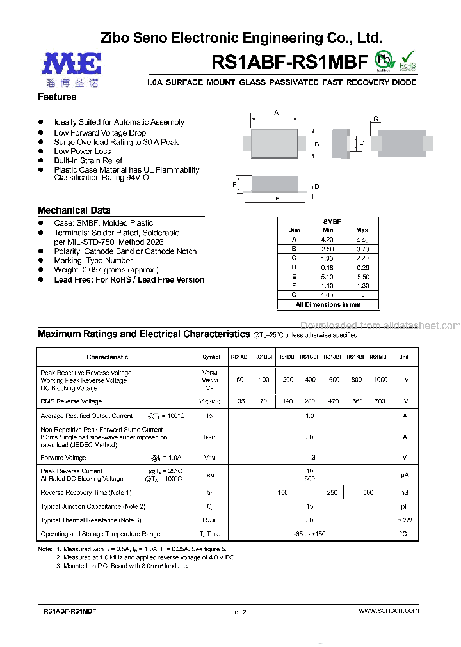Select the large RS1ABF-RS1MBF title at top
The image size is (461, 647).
(x=289, y=62)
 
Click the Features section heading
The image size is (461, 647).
(x=57, y=97)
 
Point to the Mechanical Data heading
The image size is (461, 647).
(x=74, y=210)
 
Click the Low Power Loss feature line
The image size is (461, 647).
(x=83, y=152)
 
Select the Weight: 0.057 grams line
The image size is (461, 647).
(x=106, y=270)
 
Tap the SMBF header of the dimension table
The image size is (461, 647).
(x=332, y=222)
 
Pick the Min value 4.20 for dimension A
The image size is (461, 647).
(x=328, y=240)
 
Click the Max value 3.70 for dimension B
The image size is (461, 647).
(x=362, y=249)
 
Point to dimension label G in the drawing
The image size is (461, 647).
(x=376, y=120)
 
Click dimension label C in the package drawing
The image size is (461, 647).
(x=361, y=143)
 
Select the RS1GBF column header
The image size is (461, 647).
(x=310, y=357)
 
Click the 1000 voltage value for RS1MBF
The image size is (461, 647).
(x=380, y=380)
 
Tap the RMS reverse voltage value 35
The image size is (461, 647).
(x=241, y=401)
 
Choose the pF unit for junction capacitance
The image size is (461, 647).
(x=404, y=506)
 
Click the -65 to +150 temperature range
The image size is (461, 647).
(x=310, y=534)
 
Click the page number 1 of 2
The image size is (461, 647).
(x=237, y=612)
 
